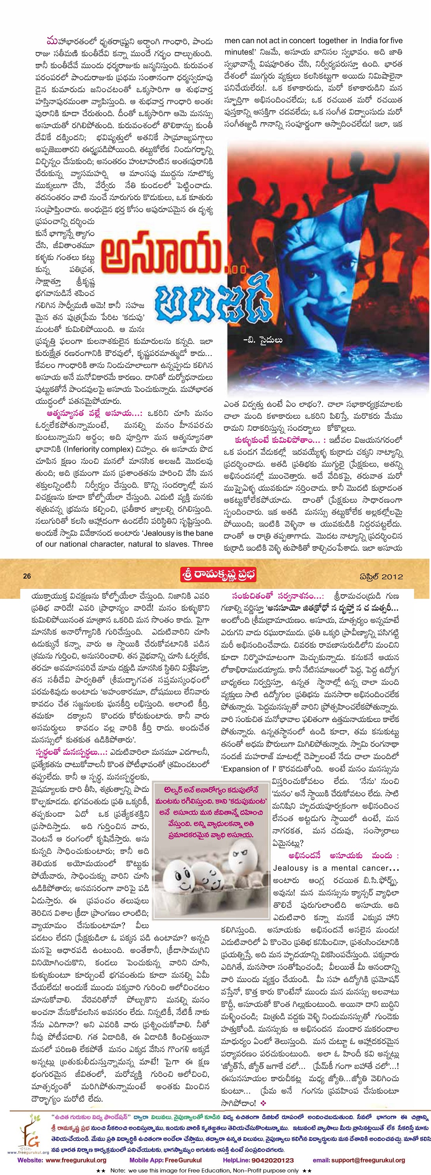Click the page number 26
point(27,576)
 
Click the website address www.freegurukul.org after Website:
point(76,1160)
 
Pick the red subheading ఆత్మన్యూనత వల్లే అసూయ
point(94,413)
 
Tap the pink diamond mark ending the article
point(263,1103)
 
